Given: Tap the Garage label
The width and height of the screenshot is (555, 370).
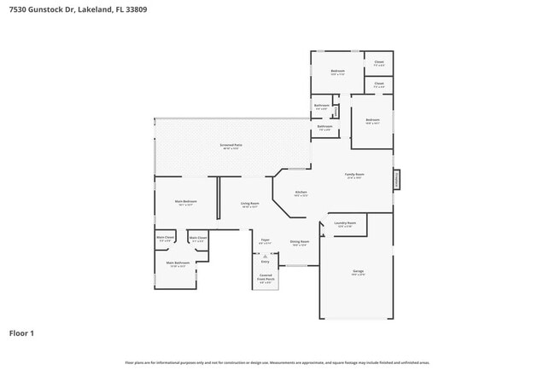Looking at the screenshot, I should pos(358,272).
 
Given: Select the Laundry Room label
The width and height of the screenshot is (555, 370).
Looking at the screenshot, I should pos(346,224).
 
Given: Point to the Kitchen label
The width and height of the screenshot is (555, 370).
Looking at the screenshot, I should pos(301,194).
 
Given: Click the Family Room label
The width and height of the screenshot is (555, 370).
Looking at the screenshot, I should pos(353,176).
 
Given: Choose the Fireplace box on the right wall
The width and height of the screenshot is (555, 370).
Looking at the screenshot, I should pos(395,179).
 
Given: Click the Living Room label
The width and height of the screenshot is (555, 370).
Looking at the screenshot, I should pos(249,205).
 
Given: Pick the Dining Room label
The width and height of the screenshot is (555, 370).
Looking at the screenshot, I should pos(299,243).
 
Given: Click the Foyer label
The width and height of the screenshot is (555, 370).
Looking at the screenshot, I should pos(266,242).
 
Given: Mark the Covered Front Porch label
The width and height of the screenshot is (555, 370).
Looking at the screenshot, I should pos(266,277).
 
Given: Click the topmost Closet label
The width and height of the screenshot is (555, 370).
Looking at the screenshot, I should pos(378,63).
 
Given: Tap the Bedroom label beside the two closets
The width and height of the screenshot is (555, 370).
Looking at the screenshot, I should pos(337,72).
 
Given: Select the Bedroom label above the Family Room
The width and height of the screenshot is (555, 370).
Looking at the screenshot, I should pos(372,121).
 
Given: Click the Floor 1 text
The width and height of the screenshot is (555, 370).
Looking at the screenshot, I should pos(21,332).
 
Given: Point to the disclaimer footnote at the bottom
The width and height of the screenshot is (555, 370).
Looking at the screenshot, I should pos(277,362).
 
